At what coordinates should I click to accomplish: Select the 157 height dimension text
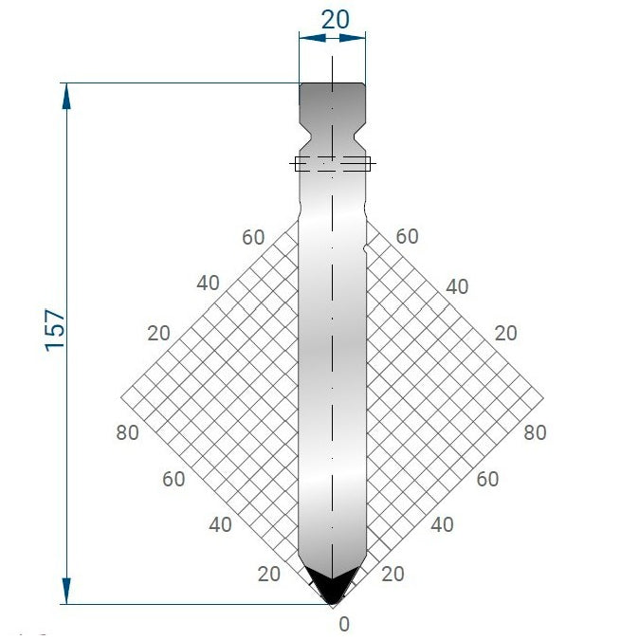(x=55, y=329)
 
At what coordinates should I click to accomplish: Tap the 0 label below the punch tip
(x=344, y=624)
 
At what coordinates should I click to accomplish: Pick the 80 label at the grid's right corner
(x=535, y=432)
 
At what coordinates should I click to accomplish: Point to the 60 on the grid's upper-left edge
(x=253, y=237)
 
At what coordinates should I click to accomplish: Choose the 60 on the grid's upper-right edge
(x=407, y=237)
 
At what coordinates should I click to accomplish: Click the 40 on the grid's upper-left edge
(x=208, y=283)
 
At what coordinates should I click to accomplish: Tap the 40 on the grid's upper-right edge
(x=457, y=286)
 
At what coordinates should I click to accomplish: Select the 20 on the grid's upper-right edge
(x=506, y=333)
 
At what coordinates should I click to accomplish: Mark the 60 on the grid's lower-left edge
(x=173, y=479)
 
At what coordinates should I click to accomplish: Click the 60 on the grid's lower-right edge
(x=487, y=479)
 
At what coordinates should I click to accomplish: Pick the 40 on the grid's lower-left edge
(x=220, y=524)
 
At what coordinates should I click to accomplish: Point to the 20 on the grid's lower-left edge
(x=269, y=573)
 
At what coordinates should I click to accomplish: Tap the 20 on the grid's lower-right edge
(x=393, y=573)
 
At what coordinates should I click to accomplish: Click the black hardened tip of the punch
(x=332, y=586)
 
